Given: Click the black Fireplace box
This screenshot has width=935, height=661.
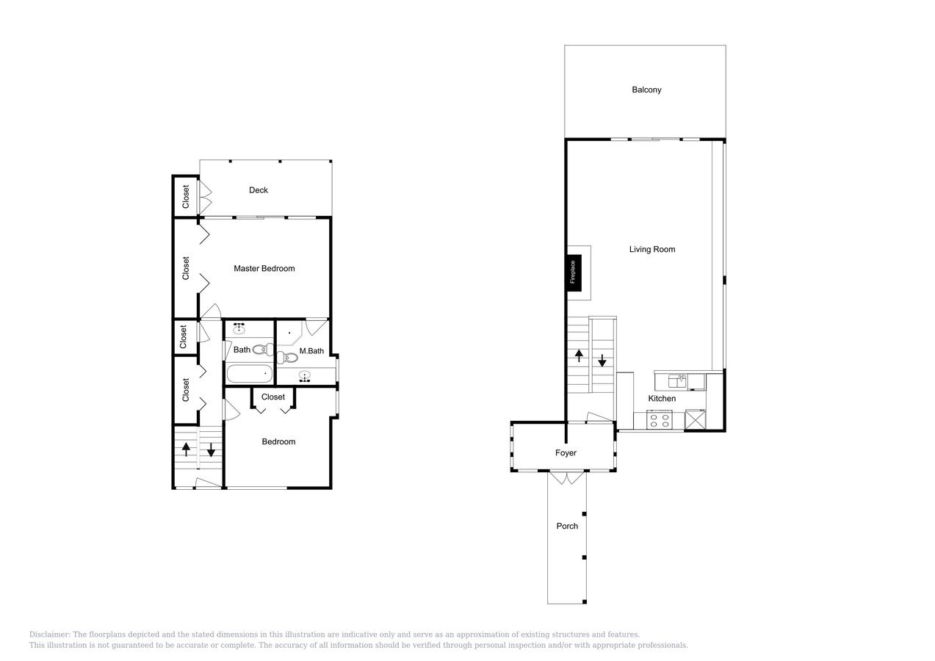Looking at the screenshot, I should [x=574, y=272].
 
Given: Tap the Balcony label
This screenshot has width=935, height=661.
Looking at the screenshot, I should [x=646, y=90].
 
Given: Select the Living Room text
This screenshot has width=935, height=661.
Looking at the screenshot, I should [x=651, y=250].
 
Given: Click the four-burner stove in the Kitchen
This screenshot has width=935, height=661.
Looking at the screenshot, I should [x=660, y=421].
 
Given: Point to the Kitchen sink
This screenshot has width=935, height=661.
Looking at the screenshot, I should [x=678, y=380].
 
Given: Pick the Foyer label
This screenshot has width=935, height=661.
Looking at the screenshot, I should [x=566, y=453].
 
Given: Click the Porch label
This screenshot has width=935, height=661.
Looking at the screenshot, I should [x=567, y=526].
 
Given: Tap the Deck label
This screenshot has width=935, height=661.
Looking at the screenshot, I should [x=259, y=190].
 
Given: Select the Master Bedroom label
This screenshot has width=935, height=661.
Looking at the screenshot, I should [x=264, y=269].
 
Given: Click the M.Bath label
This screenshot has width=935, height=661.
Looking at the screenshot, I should [x=311, y=351].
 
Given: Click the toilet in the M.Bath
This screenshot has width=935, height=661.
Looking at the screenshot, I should [x=287, y=358].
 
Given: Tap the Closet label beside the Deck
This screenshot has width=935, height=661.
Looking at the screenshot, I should [x=186, y=196].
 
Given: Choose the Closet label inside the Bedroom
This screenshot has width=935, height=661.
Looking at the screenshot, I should [x=273, y=397].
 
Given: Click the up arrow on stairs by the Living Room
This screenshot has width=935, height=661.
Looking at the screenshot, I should [x=579, y=356].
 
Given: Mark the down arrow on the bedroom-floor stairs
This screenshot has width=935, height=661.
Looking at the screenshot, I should [x=211, y=450].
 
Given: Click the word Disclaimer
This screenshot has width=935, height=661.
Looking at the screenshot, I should [x=49, y=635].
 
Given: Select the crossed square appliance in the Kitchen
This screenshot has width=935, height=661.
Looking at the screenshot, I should [x=694, y=420].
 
